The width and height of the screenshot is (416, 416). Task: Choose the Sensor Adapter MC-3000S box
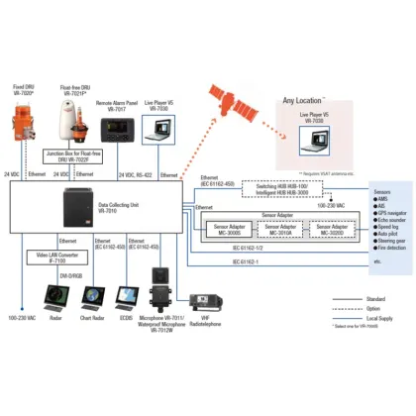point(227,229)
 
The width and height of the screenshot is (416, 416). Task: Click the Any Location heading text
point(305,100)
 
